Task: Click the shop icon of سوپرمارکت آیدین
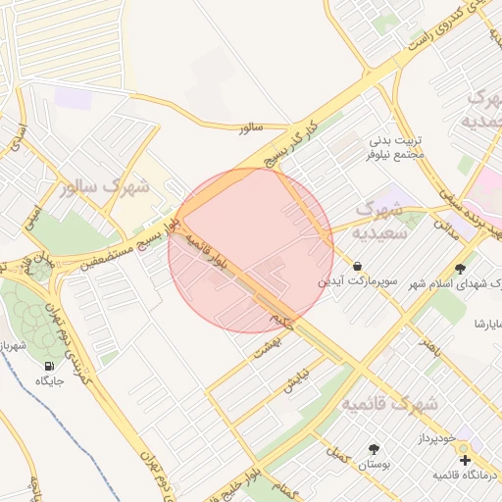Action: [357, 266]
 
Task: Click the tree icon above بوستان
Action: [373, 448]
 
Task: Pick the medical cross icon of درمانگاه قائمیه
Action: [465, 459]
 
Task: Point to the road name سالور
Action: [251, 127]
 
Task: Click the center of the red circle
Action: [251, 251]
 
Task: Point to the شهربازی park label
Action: [14, 347]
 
